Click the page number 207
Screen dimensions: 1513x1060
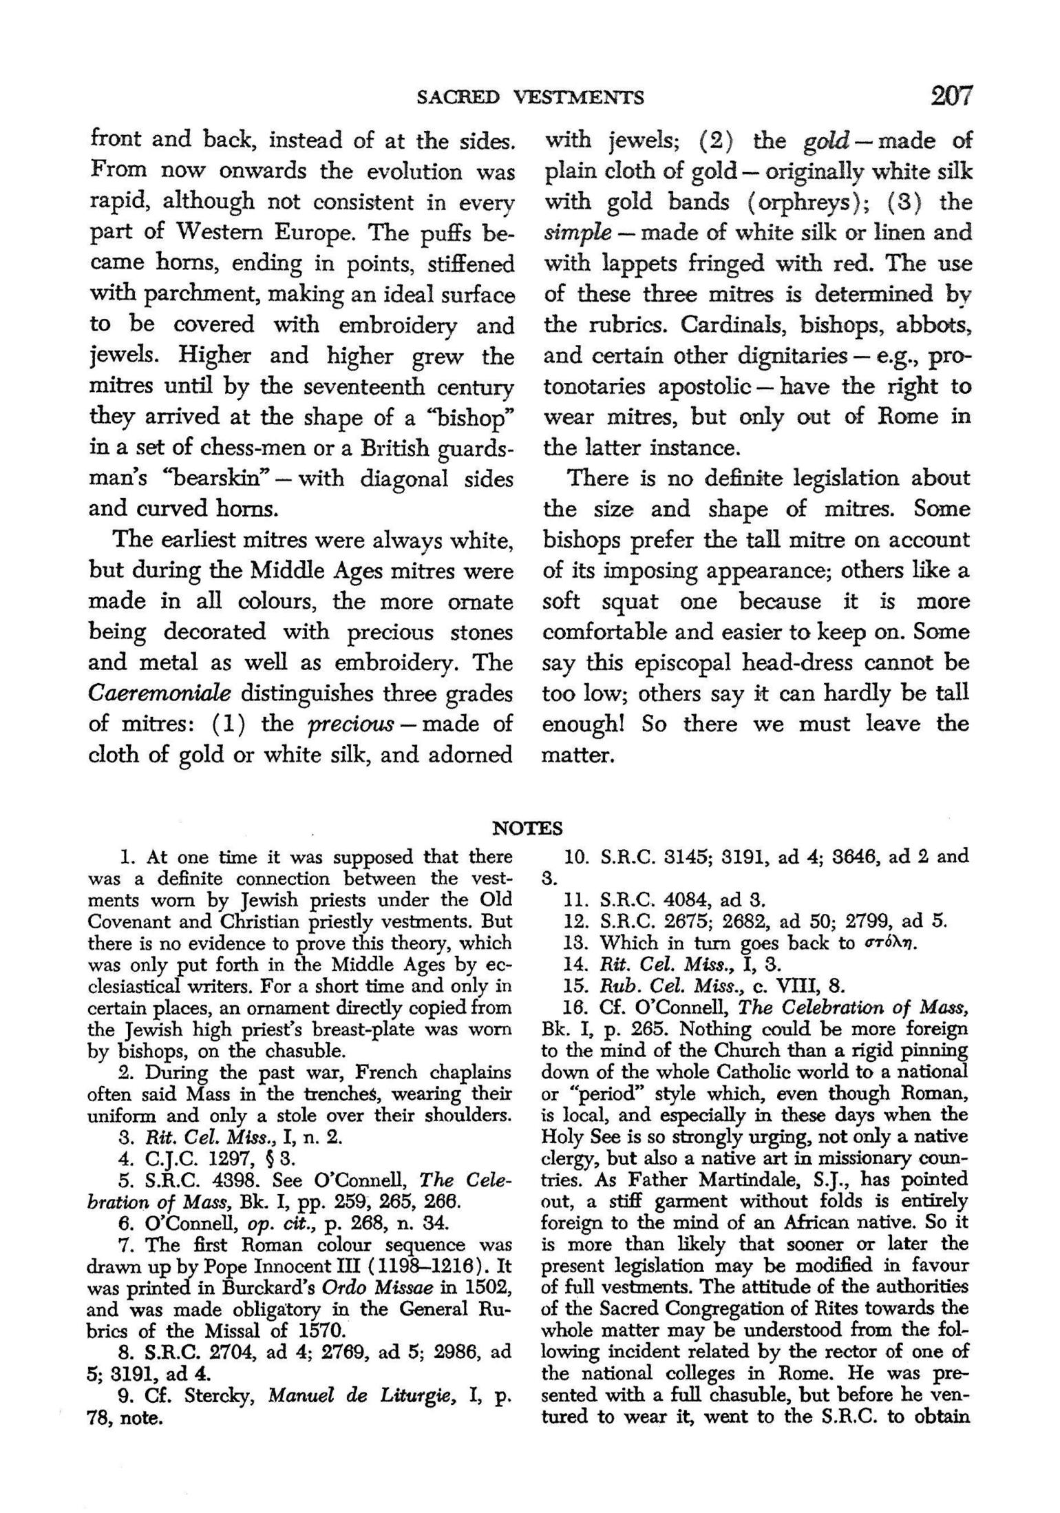click(951, 96)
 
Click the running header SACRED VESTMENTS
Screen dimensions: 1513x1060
click(531, 98)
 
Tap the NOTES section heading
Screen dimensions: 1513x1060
click(528, 828)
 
